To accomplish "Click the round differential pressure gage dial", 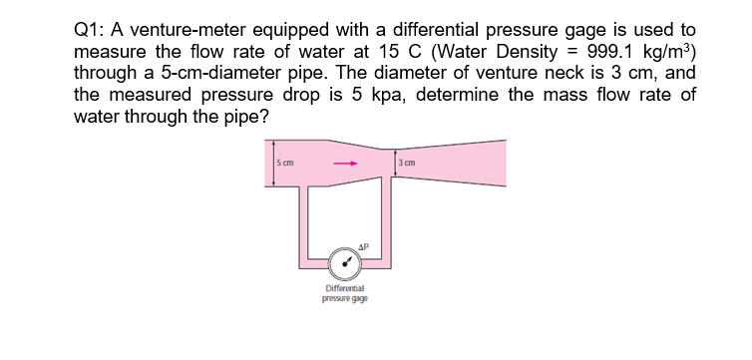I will tap(346, 265).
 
